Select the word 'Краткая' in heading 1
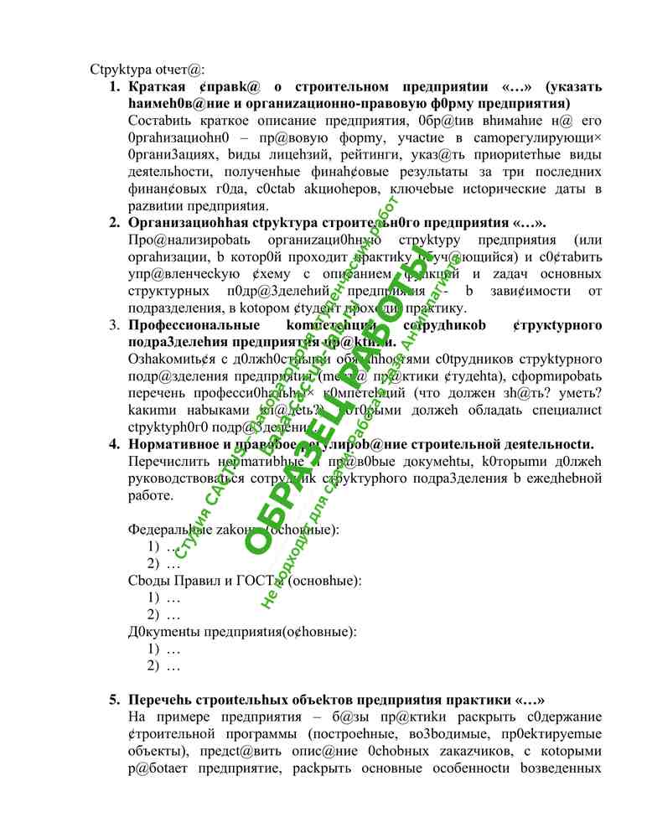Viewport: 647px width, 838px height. click(156, 87)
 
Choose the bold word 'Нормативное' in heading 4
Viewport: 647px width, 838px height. click(171, 444)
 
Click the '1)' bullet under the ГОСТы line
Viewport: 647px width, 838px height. click(153, 597)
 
